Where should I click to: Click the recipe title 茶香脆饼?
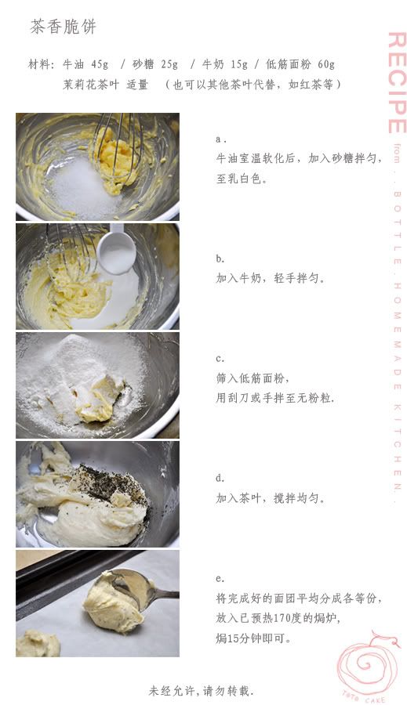pyautogui.click(x=63, y=27)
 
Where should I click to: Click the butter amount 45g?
pyautogui.click(x=100, y=64)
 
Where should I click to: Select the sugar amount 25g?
pyautogui.click(x=169, y=64)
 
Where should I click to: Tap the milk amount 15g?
pyautogui.click(x=239, y=64)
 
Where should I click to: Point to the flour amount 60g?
pyautogui.click(x=326, y=64)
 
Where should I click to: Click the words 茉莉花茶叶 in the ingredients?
pyautogui.click(x=91, y=84)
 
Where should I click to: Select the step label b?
pyautogui.click(x=220, y=258)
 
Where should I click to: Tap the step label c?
pyautogui.click(x=220, y=359)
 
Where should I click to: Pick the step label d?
pyautogui.click(x=220, y=478)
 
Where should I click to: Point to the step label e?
pyautogui.click(x=220, y=579)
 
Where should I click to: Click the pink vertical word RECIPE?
pyautogui.click(x=397, y=83)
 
